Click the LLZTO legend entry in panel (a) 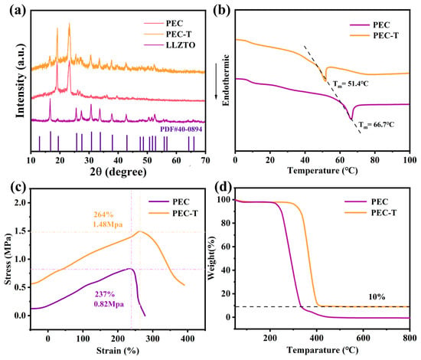click(x=169, y=45)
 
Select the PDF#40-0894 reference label click(x=181, y=129)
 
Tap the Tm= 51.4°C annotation click(x=351, y=83)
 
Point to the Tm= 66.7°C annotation click(x=377, y=125)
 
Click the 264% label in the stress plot click(x=103, y=214)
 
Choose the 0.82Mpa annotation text click(x=109, y=304)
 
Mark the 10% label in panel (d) click(x=377, y=297)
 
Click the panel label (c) click(x=18, y=186)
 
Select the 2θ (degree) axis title click(x=118, y=172)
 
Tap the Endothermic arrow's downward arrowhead click(x=217, y=97)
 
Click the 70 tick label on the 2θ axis click(x=205, y=160)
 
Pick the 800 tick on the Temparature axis click(x=410, y=338)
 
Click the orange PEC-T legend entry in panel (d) click(x=370, y=213)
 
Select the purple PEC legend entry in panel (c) click(x=169, y=201)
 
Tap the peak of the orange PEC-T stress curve click(x=140, y=231)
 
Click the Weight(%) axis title click(x=212, y=258)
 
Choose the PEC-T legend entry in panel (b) click(x=374, y=35)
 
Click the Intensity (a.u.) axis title click(x=21, y=80)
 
